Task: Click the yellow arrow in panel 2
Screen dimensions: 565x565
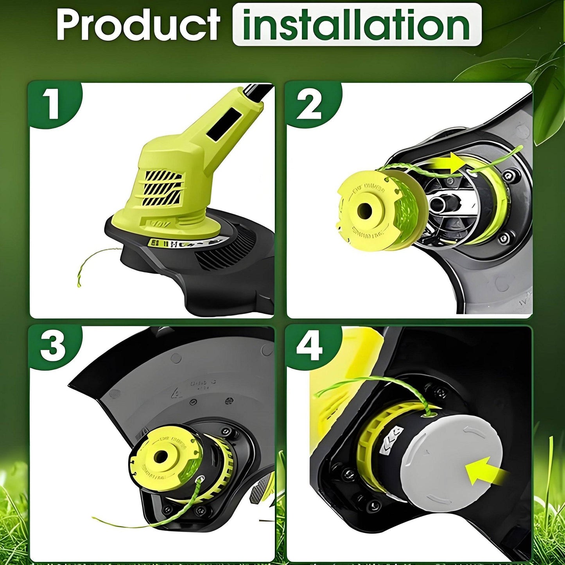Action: click(x=446, y=163)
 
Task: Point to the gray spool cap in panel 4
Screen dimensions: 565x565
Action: click(x=450, y=461)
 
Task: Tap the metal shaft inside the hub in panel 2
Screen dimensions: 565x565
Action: click(x=440, y=204)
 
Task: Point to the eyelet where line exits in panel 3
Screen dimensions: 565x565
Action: click(x=201, y=479)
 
